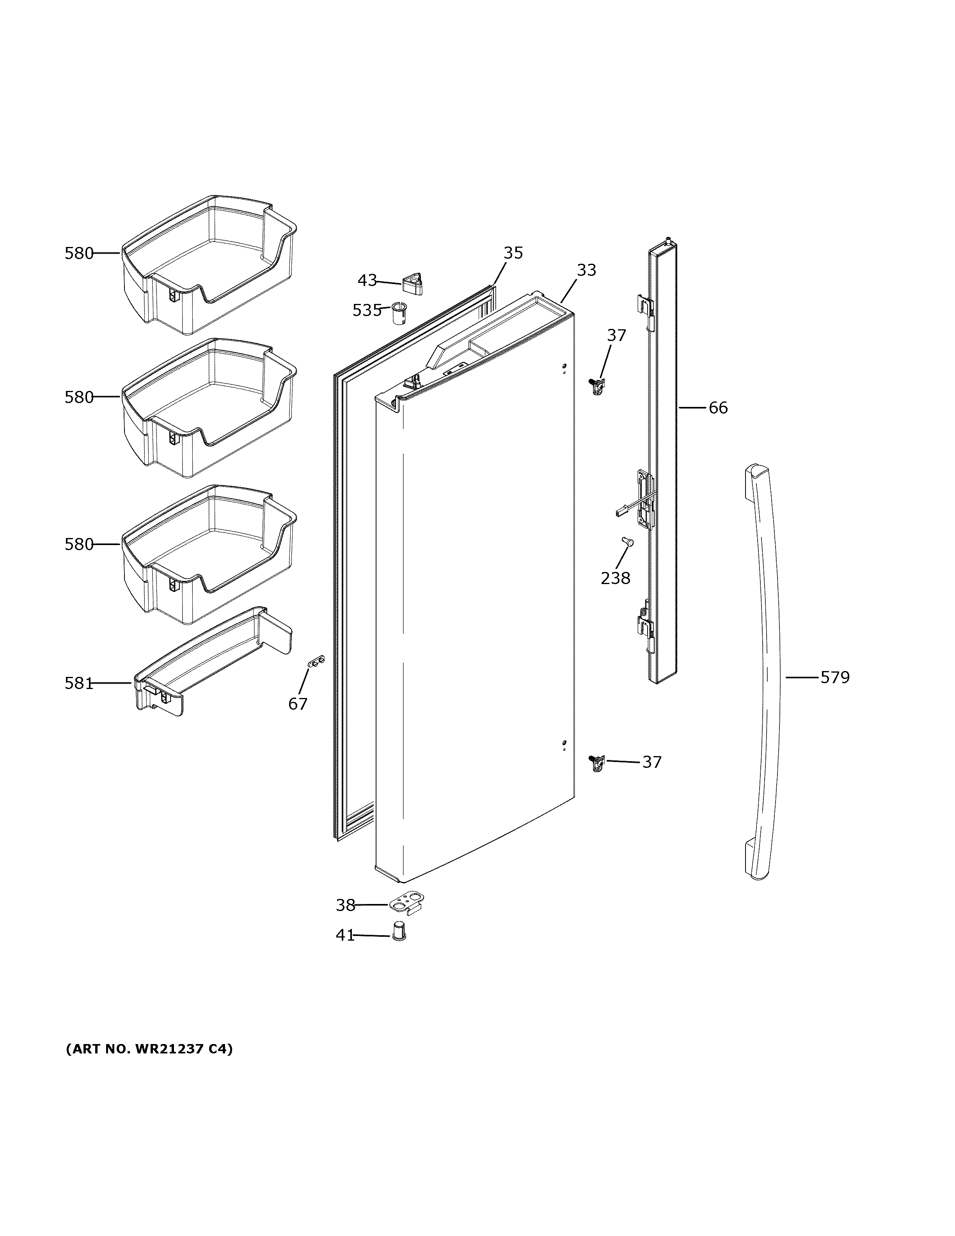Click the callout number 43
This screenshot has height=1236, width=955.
367,280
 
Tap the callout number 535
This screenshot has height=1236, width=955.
367,310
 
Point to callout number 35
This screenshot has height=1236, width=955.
513,253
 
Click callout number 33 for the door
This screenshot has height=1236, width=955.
586,270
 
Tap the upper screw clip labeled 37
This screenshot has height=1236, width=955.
596,387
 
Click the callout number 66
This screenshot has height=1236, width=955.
718,407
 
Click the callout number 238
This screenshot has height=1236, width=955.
615,578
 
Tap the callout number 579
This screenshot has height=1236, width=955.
834,677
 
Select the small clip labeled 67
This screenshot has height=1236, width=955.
316,661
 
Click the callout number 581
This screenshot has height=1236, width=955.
78,684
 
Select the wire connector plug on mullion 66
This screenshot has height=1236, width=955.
621,512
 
